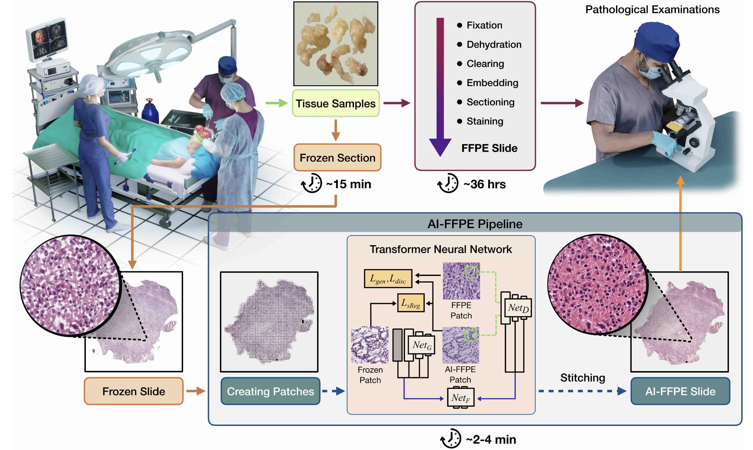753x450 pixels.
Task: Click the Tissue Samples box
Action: tap(336, 103)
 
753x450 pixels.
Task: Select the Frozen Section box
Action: tap(337, 158)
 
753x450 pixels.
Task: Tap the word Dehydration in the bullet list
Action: tap(494, 44)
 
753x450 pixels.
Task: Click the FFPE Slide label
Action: tap(489, 148)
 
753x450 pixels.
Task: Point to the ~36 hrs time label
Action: tap(484, 184)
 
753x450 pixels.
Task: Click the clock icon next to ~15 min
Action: tap(311, 183)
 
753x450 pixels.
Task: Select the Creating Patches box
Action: tap(270, 391)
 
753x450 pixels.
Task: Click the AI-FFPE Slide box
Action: tap(680, 391)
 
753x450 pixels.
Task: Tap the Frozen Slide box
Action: tap(134, 391)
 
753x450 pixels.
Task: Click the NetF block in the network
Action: tap(461, 398)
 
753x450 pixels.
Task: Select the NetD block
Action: tap(518, 308)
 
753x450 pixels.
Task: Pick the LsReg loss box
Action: tap(410, 303)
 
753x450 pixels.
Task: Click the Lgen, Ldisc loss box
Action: tap(388, 279)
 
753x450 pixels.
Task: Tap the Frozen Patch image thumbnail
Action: tap(370, 345)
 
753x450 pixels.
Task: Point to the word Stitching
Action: tap(583, 378)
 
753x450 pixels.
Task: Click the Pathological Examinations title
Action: tap(652, 9)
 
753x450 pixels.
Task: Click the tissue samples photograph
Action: tap(336, 44)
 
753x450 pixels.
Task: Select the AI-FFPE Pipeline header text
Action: tap(475, 224)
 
